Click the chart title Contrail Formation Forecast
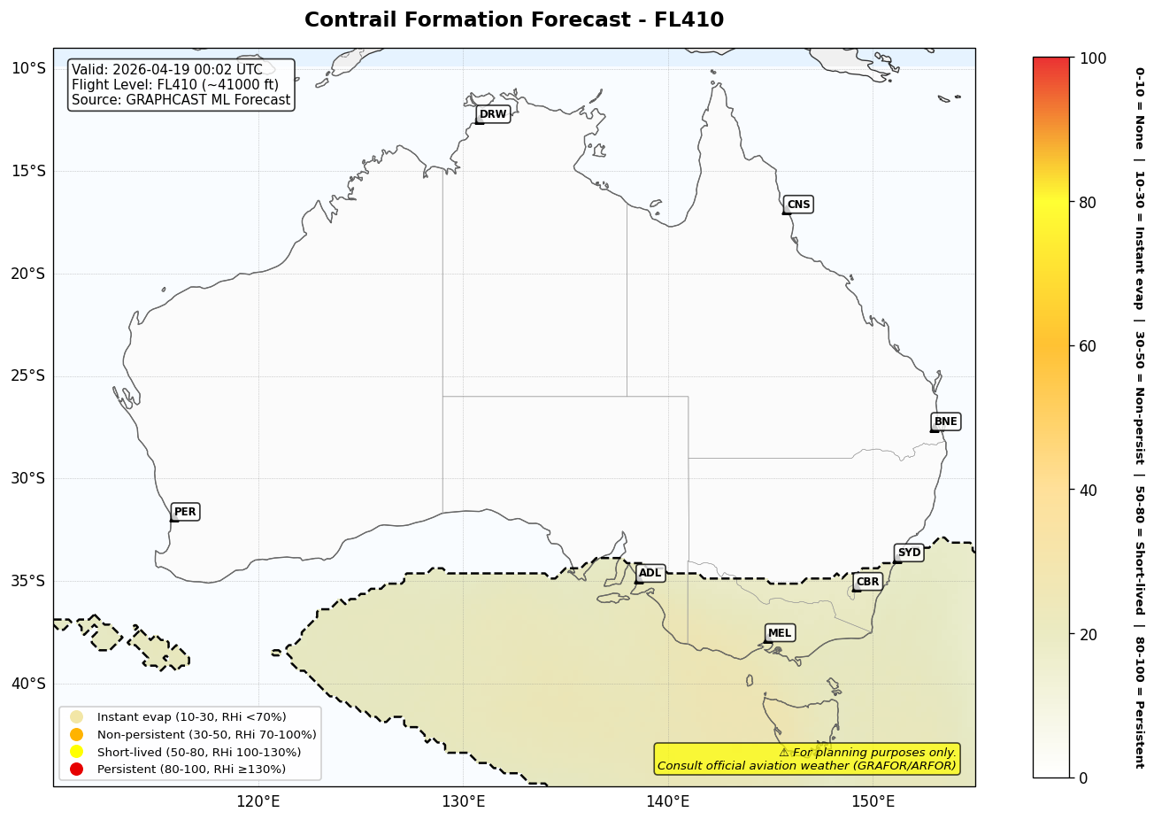(x=513, y=19)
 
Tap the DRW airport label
(x=493, y=114)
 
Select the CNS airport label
(x=798, y=205)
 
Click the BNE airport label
(x=945, y=422)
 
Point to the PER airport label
(x=185, y=512)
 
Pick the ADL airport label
(x=650, y=574)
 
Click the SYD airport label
(x=909, y=553)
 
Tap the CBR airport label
(x=867, y=582)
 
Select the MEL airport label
(x=780, y=633)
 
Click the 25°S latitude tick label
(x=27, y=375)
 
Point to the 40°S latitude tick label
(x=27, y=684)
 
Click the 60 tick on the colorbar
(x=1089, y=346)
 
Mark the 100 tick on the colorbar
(x=1093, y=58)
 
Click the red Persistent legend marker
(x=76, y=770)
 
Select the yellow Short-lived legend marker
(x=76, y=752)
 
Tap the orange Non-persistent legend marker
(x=76, y=735)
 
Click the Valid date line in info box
(x=167, y=70)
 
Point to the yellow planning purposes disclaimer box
(x=806, y=759)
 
